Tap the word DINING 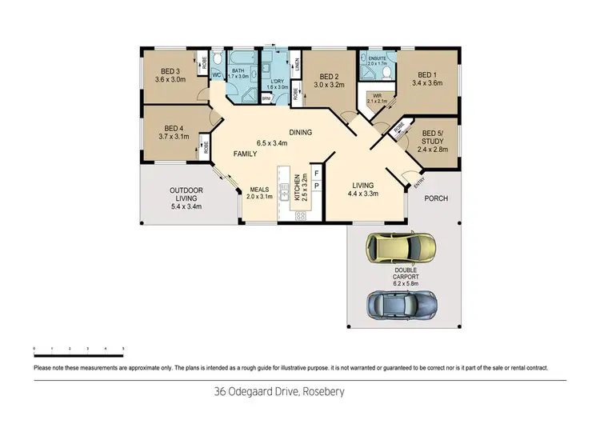coord(301,133)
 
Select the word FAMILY coord(245,153)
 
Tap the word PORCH coord(435,198)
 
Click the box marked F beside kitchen coord(316,173)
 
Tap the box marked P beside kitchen coord(316,186)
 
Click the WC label coord(216,75)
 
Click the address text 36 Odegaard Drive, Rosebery coord(300,393)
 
